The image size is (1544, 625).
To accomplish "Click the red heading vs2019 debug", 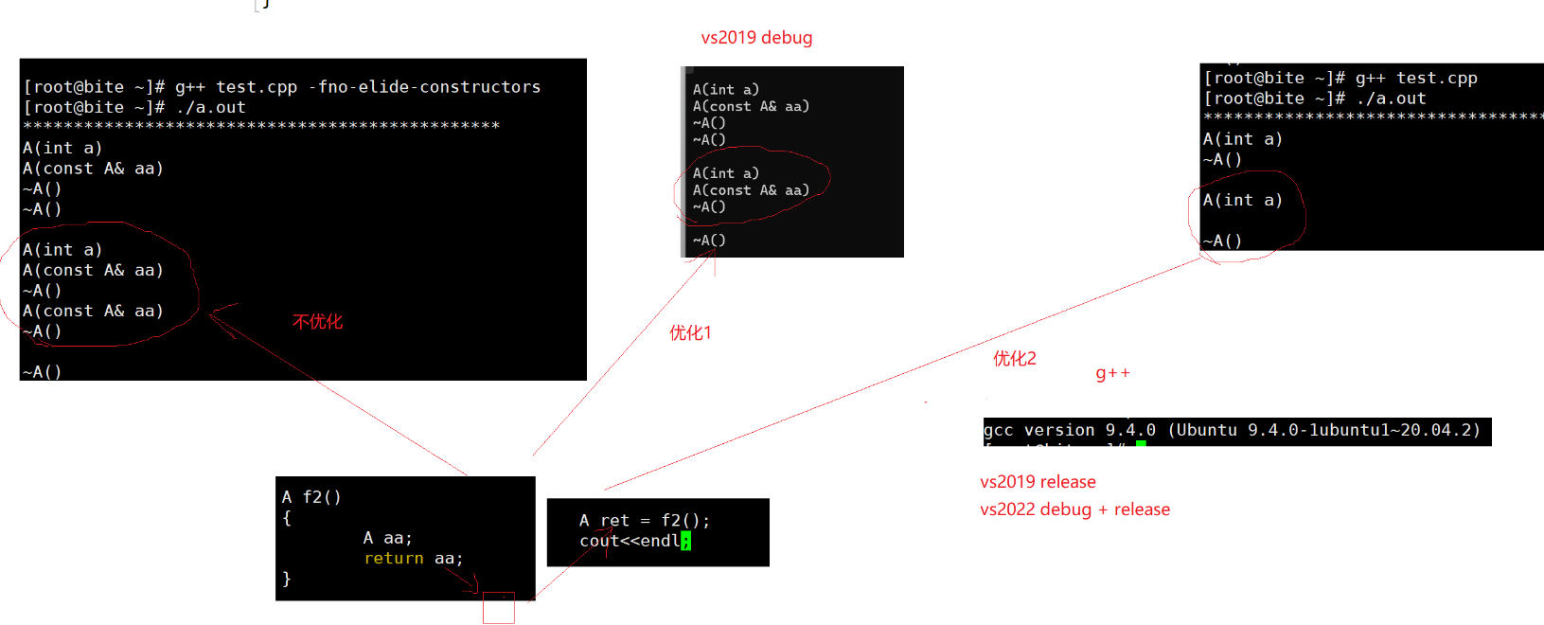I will pos(756,38).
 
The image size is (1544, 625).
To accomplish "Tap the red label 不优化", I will pos(317,322).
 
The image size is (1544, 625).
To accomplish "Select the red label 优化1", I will pos(690,332).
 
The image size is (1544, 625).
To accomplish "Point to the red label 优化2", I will pos(1014,358).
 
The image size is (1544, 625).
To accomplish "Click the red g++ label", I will pos(1112,373).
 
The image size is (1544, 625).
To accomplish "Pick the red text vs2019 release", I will pos(1038,482).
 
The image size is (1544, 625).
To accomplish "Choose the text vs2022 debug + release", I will pos(1074,509).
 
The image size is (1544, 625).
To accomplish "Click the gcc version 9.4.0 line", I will pos(1232,430).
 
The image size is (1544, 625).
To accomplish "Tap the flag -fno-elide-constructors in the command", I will pos(424,87).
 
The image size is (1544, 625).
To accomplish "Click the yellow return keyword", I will pos(394,559).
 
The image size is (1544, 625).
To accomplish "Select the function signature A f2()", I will pos(311,497).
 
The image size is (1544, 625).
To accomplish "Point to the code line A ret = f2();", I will pos(644,521).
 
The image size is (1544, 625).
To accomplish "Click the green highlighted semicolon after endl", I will pos(685,541).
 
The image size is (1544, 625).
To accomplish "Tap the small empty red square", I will pos(499,608).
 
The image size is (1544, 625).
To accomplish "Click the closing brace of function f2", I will pos(287,579).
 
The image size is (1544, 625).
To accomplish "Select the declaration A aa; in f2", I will pos(387,538).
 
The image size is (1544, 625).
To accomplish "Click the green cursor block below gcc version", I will pos(1141,443).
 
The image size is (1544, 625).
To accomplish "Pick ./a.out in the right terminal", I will pos(1391,98).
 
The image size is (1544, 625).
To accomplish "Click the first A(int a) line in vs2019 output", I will pos(725,90).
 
